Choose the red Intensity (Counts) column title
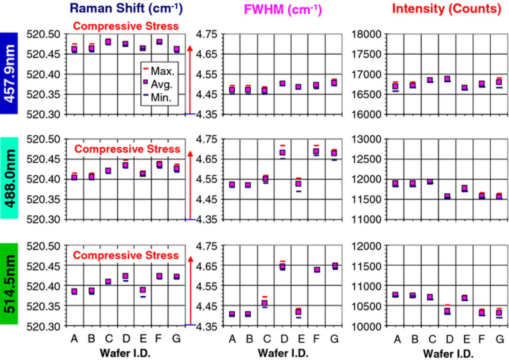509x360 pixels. coord(447,9)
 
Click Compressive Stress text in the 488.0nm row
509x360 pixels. coord(127,149)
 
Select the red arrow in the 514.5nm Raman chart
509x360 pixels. coord(190,290)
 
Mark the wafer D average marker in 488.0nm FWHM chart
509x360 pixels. coord(282,152)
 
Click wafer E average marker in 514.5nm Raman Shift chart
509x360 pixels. coord(143,290)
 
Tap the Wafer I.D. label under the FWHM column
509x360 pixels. coord(283,353)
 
